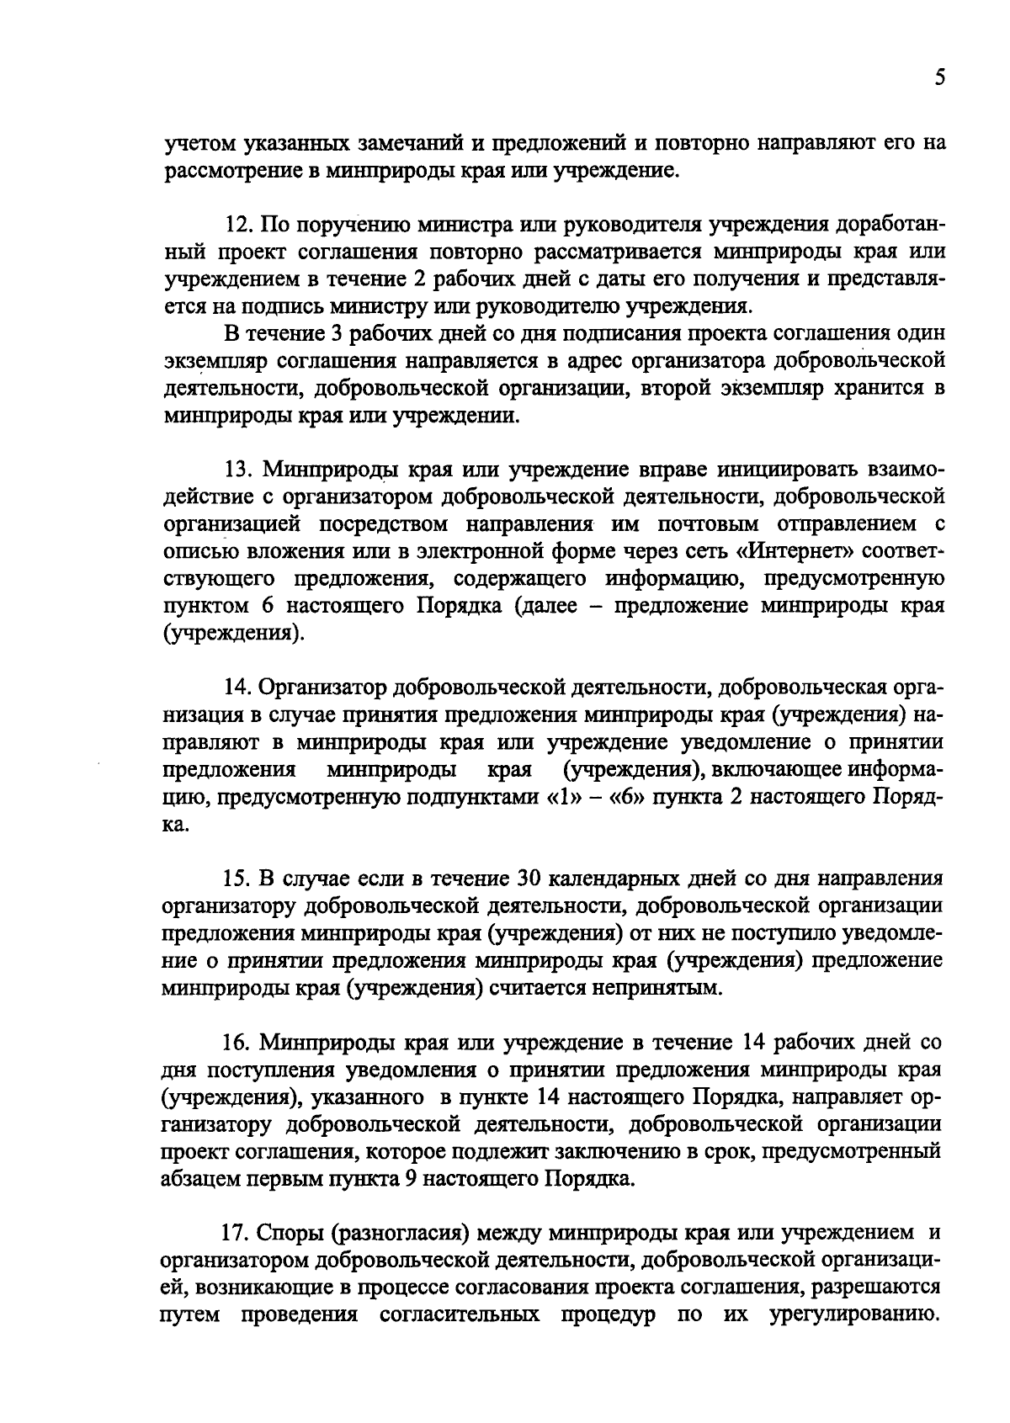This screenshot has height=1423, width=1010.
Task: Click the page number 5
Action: click(940, 78)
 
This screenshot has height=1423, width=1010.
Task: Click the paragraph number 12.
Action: click(238, 225)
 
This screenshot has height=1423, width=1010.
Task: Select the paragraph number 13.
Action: click(237, 468)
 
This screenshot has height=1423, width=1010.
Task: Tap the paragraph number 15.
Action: click(237, 879)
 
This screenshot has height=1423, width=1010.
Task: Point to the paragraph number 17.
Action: click(236, 1233)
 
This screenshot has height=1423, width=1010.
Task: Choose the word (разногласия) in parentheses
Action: click(398, 1233)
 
